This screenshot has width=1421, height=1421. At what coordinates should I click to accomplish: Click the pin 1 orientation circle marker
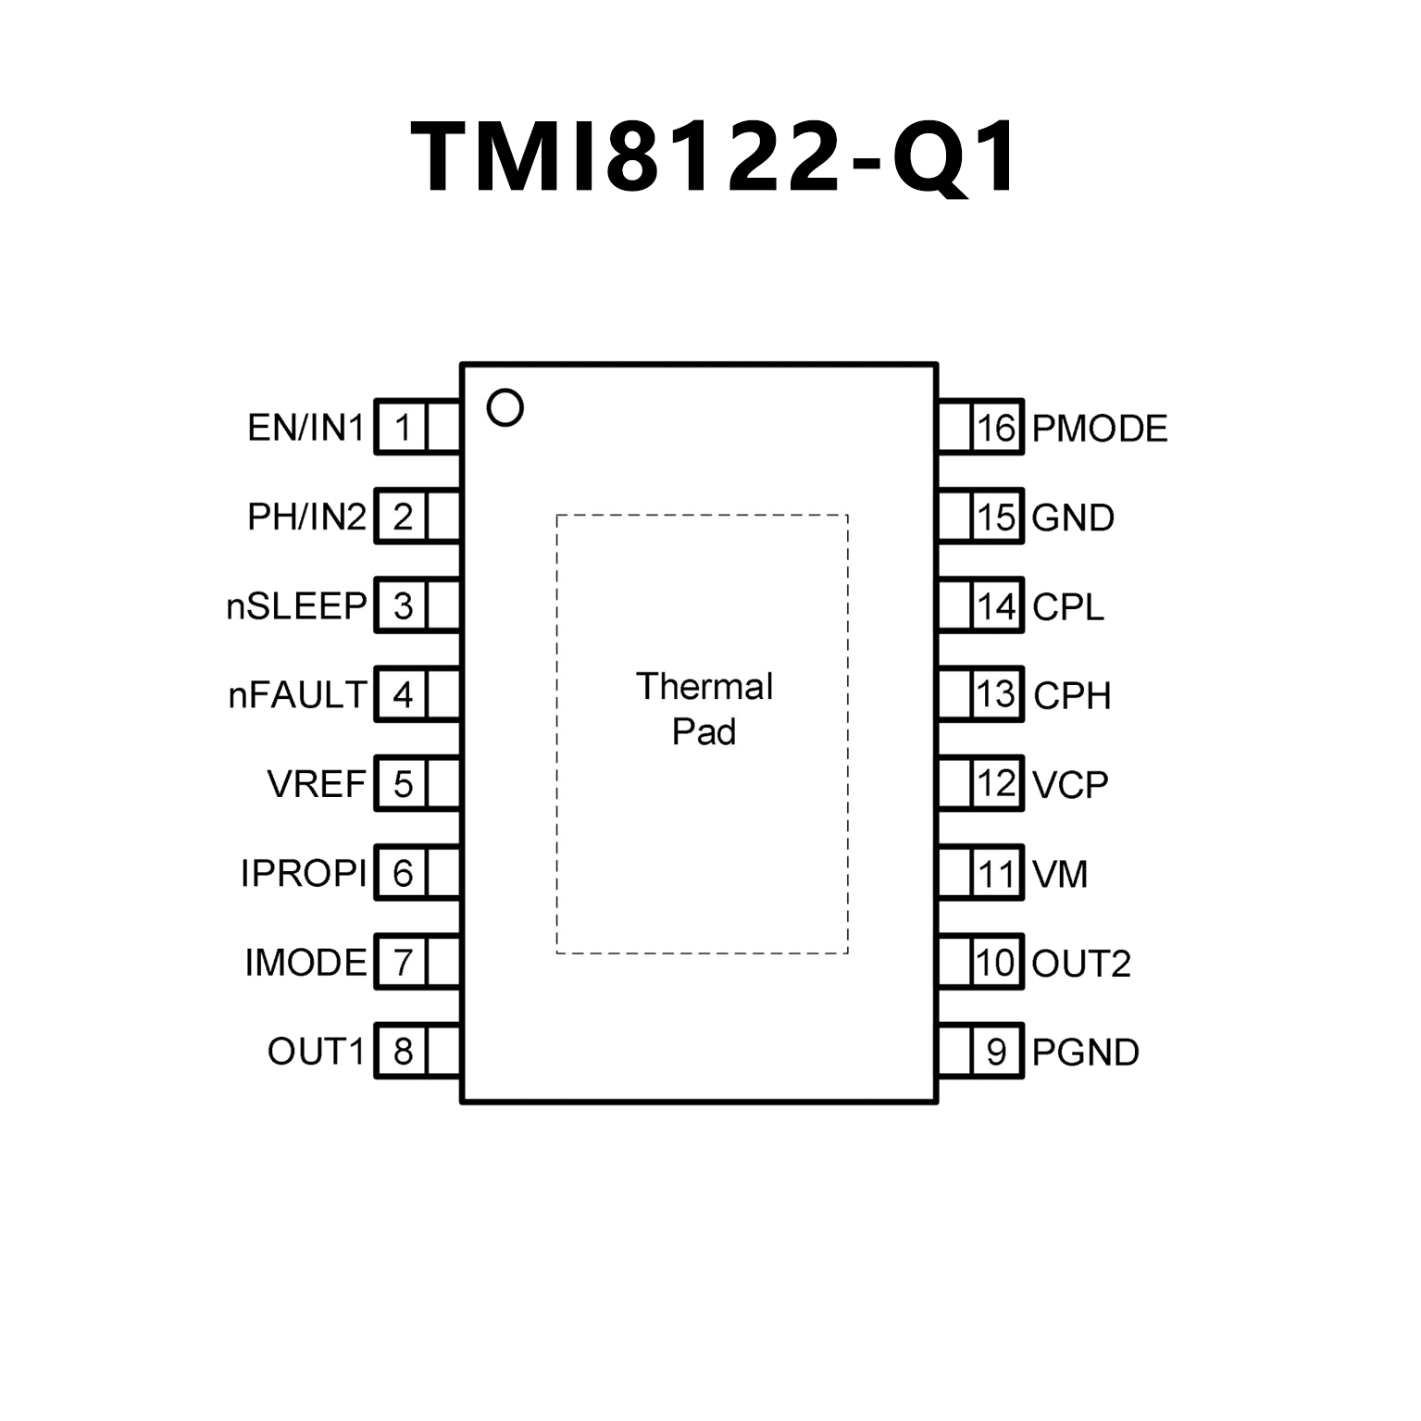[x=505, y=407]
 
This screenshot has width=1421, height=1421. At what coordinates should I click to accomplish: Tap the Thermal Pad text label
[x=704, y=709]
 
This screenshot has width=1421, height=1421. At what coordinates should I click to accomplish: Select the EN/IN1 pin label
[x=306, y=428]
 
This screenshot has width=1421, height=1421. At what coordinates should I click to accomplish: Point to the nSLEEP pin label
[x=297, y=606]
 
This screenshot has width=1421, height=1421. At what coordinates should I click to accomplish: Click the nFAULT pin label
[x=298, y=695]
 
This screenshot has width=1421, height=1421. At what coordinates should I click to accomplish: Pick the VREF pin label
[x=317, y=784]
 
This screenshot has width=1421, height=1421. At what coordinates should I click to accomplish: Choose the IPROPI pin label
[x=304, y=873]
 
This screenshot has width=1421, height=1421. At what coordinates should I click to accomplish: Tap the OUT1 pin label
[x=317, y=1052]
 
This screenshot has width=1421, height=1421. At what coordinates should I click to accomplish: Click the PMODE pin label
[x=1100, y=429]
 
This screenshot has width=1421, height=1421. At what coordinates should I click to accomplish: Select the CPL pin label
[x=1068, y=607]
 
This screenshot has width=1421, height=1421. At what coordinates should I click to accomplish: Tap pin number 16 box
[x=996, y=428]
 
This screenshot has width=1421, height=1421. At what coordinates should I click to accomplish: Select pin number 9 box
[x=996, y=1052]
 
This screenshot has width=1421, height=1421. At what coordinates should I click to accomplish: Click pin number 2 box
[x=403, y=517]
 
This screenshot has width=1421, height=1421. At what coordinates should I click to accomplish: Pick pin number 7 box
[x=403, y=963]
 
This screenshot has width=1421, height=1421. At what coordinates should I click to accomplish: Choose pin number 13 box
[x=996, y=694]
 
